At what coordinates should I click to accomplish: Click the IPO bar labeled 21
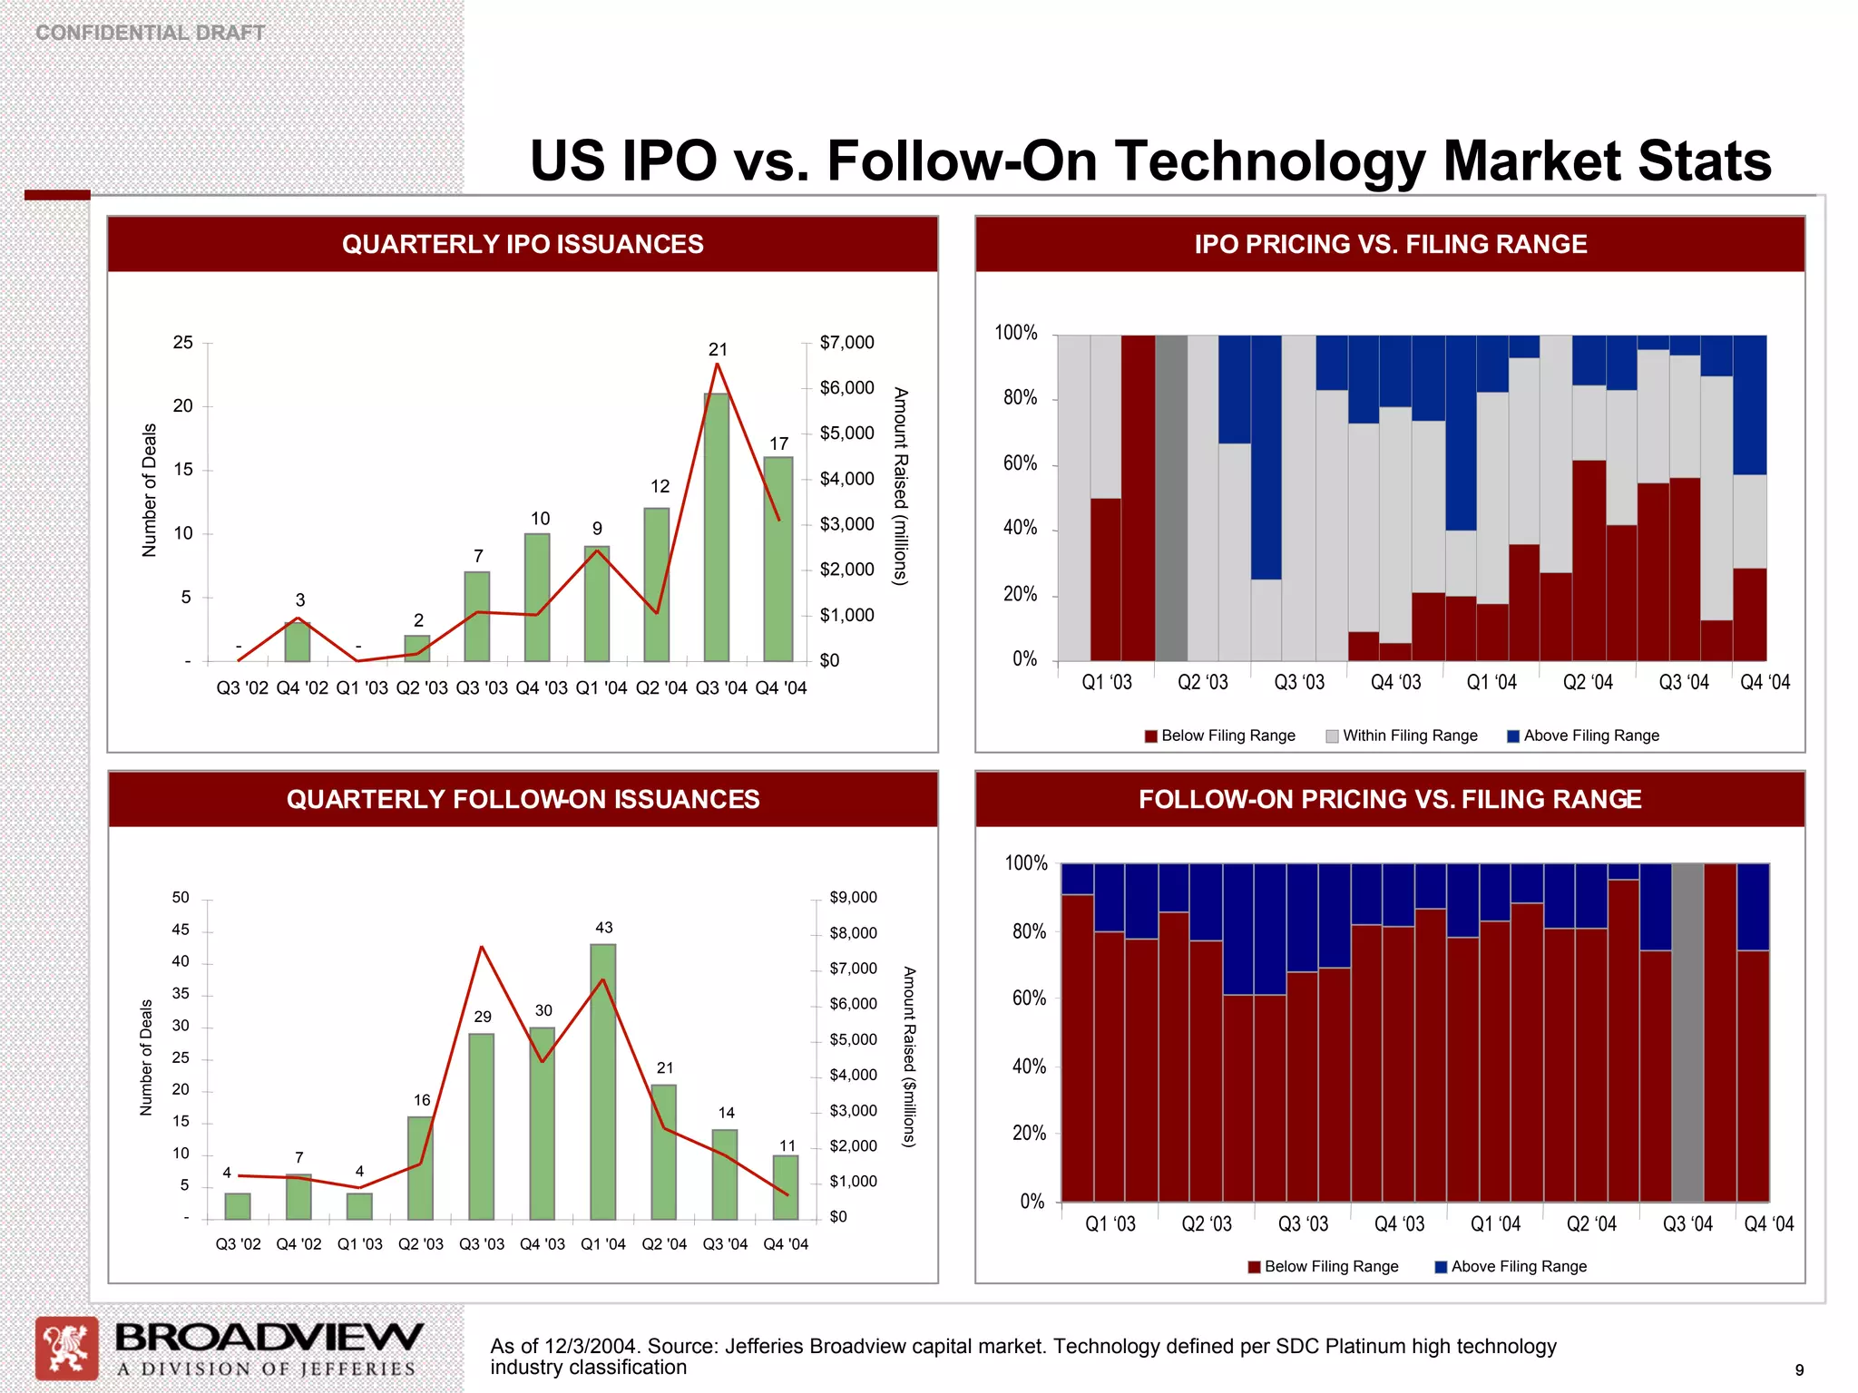717,526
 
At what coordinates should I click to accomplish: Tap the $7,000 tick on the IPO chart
846,343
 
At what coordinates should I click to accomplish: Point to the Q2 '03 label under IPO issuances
422,688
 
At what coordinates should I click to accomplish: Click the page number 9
1799,1370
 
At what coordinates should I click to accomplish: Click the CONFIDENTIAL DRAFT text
150,33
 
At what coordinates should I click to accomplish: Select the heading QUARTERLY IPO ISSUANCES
523,244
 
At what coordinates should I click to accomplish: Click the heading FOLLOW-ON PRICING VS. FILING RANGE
1390,799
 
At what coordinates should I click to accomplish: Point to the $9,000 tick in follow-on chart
853,898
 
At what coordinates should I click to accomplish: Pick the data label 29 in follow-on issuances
483,1017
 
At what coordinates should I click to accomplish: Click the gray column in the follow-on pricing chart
1687,1032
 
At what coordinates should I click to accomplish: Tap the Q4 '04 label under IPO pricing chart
1765,683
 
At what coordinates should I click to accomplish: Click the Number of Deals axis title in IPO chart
150,490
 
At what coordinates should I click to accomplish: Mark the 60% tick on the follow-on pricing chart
1029,998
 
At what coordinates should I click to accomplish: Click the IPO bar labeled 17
778,559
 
